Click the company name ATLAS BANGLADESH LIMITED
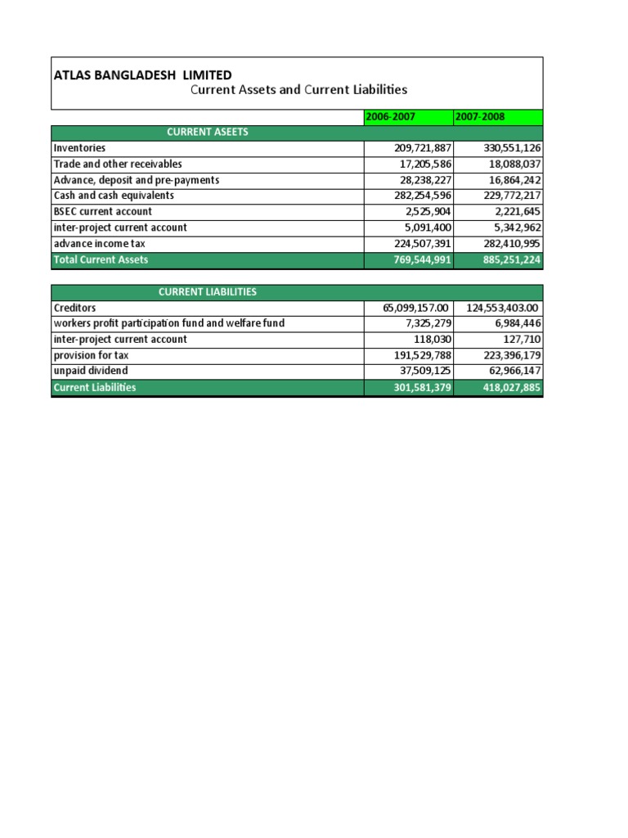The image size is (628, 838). pos(142,75)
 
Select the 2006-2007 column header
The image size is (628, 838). pos(390,117)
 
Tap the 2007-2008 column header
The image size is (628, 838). pos(480,117)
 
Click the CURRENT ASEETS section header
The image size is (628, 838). pos(208,133)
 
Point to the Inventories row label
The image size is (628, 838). pos(79,148)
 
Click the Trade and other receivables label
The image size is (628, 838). pos(118,164)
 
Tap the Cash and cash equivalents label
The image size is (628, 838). pos(114,196)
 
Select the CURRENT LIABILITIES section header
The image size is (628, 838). pos(208,292)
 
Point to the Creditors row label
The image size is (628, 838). pos(74,308)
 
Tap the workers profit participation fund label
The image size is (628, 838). pos(168,323)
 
